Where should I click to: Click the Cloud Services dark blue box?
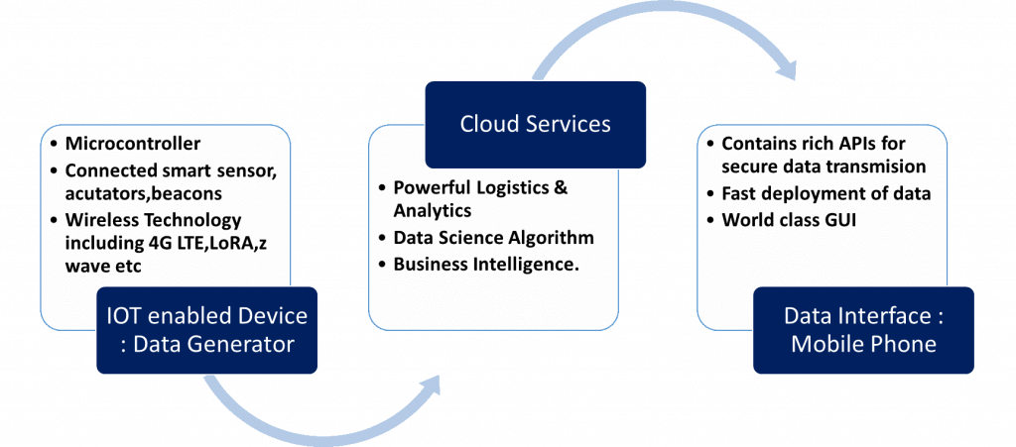pos(535,125)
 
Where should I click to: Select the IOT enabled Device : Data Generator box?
pos(206,331)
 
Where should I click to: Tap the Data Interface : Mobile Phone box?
pos(863,331)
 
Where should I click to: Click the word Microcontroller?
pos(133,143)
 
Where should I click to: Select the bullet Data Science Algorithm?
pos(494,238)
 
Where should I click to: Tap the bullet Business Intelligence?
pos(486,264)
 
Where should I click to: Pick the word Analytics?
pos(433,211)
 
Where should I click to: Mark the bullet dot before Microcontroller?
pos(56,144)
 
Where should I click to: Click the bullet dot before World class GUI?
pos(712,221)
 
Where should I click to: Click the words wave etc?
pos(103,266)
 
